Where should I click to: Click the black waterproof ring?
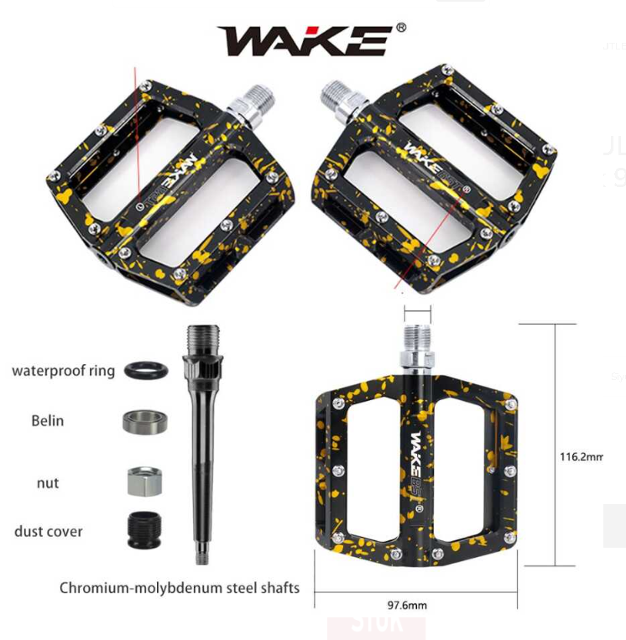pos(143,370)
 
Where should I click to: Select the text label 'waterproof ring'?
pos(63,370)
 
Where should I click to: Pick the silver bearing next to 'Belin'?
pos(143,422)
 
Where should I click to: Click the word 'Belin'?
pos(47,420)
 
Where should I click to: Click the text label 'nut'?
pos(48,483)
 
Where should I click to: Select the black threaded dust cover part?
pos(143,530)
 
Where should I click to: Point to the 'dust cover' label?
pos(48,531)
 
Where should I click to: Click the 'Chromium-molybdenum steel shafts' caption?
pos(179,587)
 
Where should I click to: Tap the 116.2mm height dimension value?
pos(581,457)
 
